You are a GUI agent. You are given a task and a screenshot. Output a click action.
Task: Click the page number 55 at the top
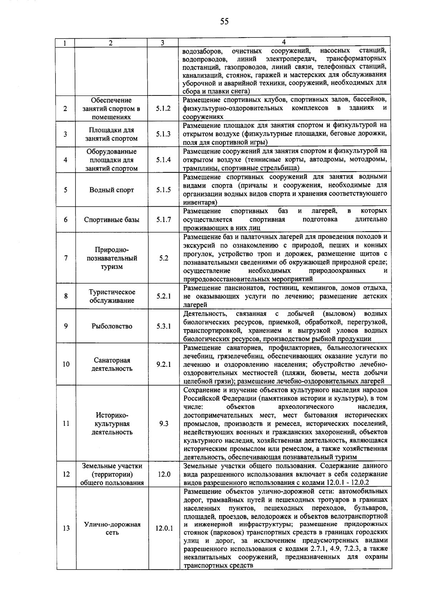224,22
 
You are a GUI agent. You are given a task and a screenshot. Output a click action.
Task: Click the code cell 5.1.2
163,108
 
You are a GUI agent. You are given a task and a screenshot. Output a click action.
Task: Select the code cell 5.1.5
163,190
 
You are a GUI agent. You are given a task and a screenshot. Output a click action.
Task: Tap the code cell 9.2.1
163,364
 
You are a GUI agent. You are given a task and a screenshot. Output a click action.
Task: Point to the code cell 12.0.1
164,528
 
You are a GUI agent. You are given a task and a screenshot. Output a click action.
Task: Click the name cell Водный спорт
112,190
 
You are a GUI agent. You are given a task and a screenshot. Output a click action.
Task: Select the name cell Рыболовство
112,326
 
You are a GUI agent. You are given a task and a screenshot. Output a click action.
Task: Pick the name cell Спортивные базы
112,220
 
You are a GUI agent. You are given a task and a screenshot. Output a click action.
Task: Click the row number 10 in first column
66,364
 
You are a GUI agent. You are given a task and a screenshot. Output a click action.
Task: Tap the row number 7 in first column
66,258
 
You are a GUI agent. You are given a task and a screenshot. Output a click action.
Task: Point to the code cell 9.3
164,424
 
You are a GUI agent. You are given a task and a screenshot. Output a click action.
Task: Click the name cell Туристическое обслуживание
112,296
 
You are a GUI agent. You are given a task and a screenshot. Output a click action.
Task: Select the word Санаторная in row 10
112,360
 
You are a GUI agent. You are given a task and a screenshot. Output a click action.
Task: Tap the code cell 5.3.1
163,326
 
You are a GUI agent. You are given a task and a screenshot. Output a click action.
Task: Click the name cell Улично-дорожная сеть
112,528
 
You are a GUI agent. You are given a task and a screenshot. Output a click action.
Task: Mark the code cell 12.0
164,474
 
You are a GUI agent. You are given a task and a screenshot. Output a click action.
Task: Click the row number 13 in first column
66,528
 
